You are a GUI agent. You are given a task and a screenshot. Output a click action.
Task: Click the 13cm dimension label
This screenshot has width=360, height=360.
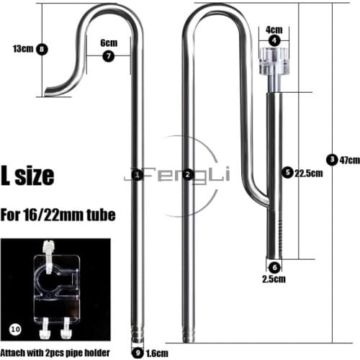[22, 49]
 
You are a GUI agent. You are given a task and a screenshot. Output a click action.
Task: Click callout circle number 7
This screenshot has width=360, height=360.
[108, 55]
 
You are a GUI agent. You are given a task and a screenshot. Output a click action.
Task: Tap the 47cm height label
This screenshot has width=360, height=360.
[348, 160]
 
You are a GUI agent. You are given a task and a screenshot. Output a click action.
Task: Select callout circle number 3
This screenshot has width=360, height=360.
[330, 160]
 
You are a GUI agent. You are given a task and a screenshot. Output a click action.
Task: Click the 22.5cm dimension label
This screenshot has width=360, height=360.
[307, 173]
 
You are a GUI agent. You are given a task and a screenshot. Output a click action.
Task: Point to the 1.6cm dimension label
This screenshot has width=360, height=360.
[156, 353]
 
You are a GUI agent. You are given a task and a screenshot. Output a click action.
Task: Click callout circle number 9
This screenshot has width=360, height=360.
[138, 353]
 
